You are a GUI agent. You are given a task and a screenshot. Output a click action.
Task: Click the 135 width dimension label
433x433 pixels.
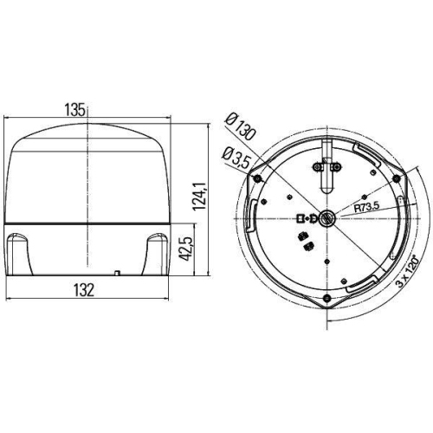pos(74,109)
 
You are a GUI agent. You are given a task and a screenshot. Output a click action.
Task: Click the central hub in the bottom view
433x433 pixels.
pos(325,218)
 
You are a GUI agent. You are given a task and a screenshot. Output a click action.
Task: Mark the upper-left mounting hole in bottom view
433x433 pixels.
pos(258,178)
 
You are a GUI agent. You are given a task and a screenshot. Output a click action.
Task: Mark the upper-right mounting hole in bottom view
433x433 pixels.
pos(395,179)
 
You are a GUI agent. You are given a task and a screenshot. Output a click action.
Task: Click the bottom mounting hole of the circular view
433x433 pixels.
pos(326,298)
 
